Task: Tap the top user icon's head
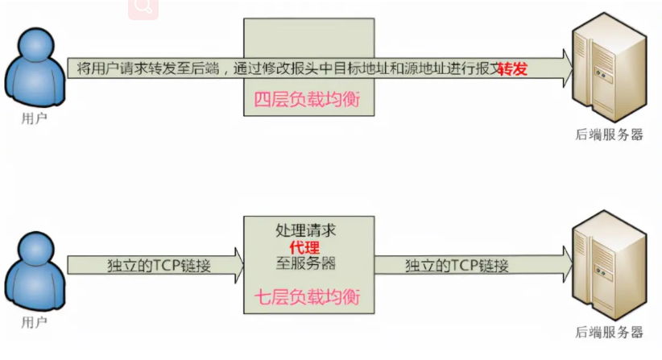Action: (x=34, y=47)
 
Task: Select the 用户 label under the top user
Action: (x=34, y=118)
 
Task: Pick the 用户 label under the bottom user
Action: (x=34, y=321)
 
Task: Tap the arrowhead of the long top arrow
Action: (x=559, y=68)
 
